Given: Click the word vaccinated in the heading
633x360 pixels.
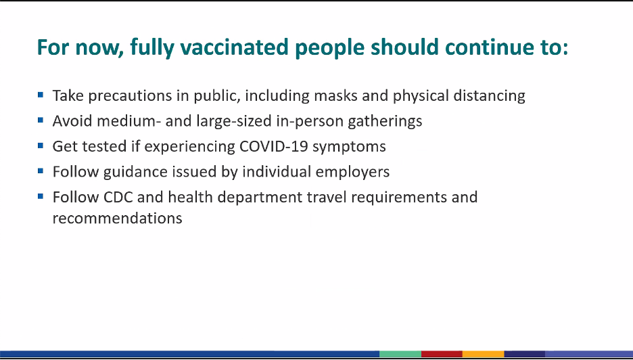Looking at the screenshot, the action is pyautogui.click(x=235, y=47).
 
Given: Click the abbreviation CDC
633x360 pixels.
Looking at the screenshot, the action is pyautogui.click(x=118, y=197).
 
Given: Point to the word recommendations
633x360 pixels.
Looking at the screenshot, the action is pyautogui.click(x=118, y=218).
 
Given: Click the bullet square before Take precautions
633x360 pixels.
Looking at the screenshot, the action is pyautogui.click(x=41, y=95).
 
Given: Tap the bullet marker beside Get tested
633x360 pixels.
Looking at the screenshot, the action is pyautogui.click(x=41, y=145).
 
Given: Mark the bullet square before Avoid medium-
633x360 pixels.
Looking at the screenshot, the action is pyautogui.click(x=41, y=120).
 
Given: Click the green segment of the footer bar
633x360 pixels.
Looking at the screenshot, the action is pyautogui.click(x=400, y=355).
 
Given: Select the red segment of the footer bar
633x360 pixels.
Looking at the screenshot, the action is pyautogui.click(x=442, y=355).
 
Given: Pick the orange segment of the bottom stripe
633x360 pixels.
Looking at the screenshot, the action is pyautogui.click(x=484, y=355).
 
